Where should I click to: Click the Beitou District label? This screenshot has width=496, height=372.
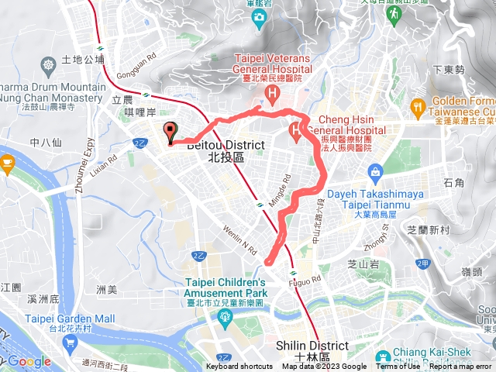[215, 150]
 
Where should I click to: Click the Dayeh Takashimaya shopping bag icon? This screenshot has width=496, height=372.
[376, 170]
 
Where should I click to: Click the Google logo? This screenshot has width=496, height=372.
[29, 361]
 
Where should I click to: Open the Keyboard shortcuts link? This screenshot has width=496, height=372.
[239, 367]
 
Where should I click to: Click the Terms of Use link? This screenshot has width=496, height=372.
[396, 367]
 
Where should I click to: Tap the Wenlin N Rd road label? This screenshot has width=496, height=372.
[241, 245]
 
